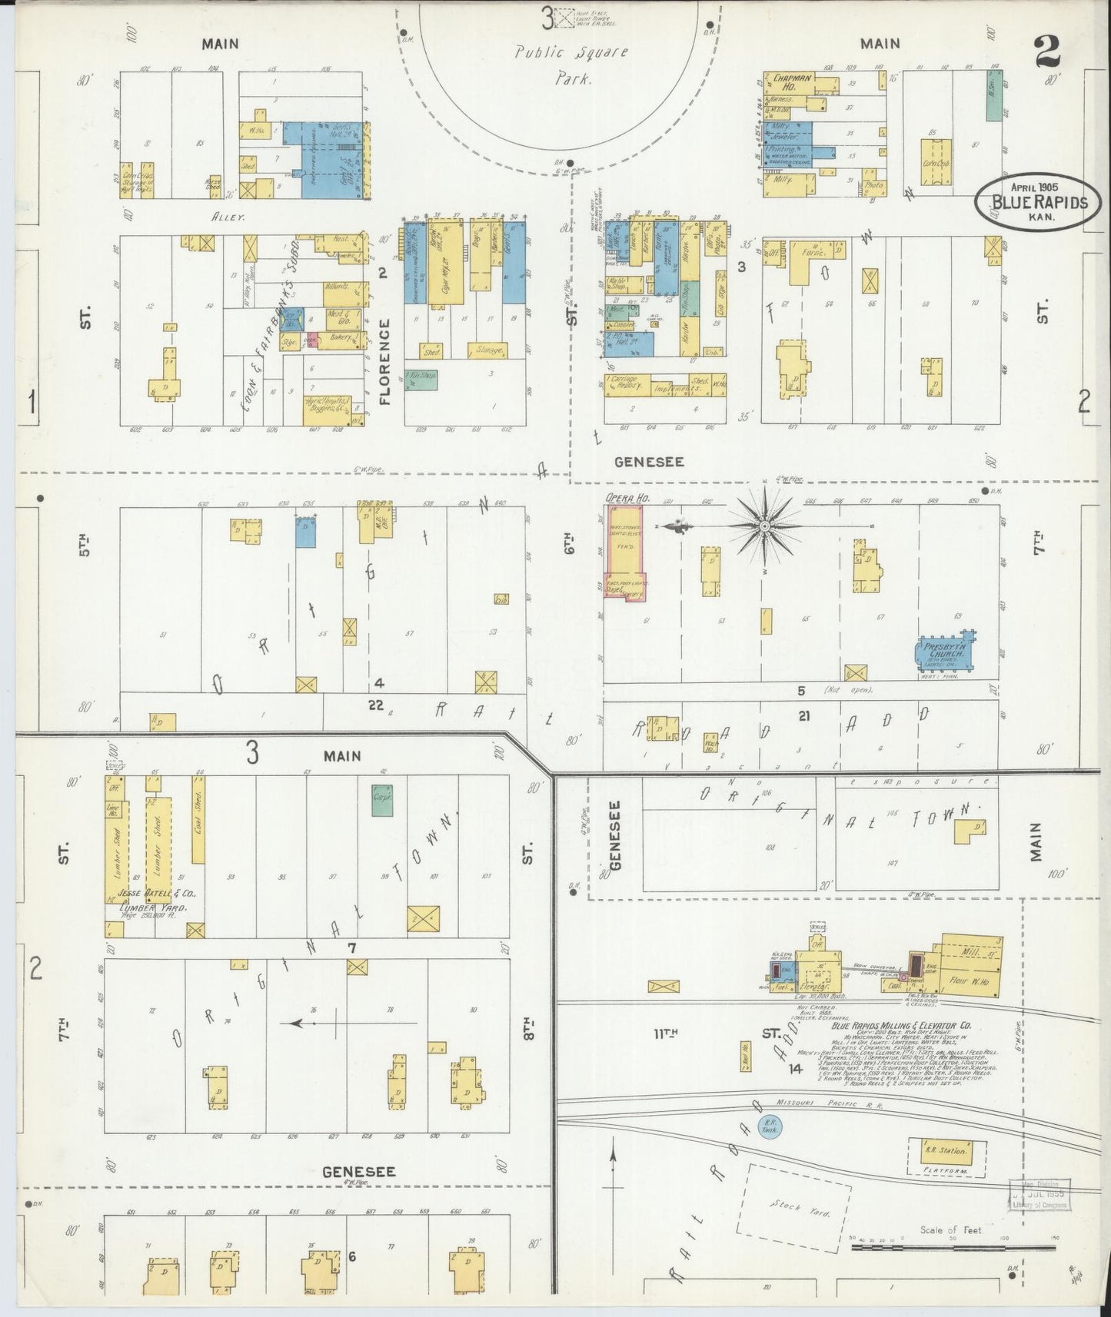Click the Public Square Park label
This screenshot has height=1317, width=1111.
tap(571, 65)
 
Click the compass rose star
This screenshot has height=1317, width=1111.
tap(765, 526)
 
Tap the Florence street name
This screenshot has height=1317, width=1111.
tap(385, 361)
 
